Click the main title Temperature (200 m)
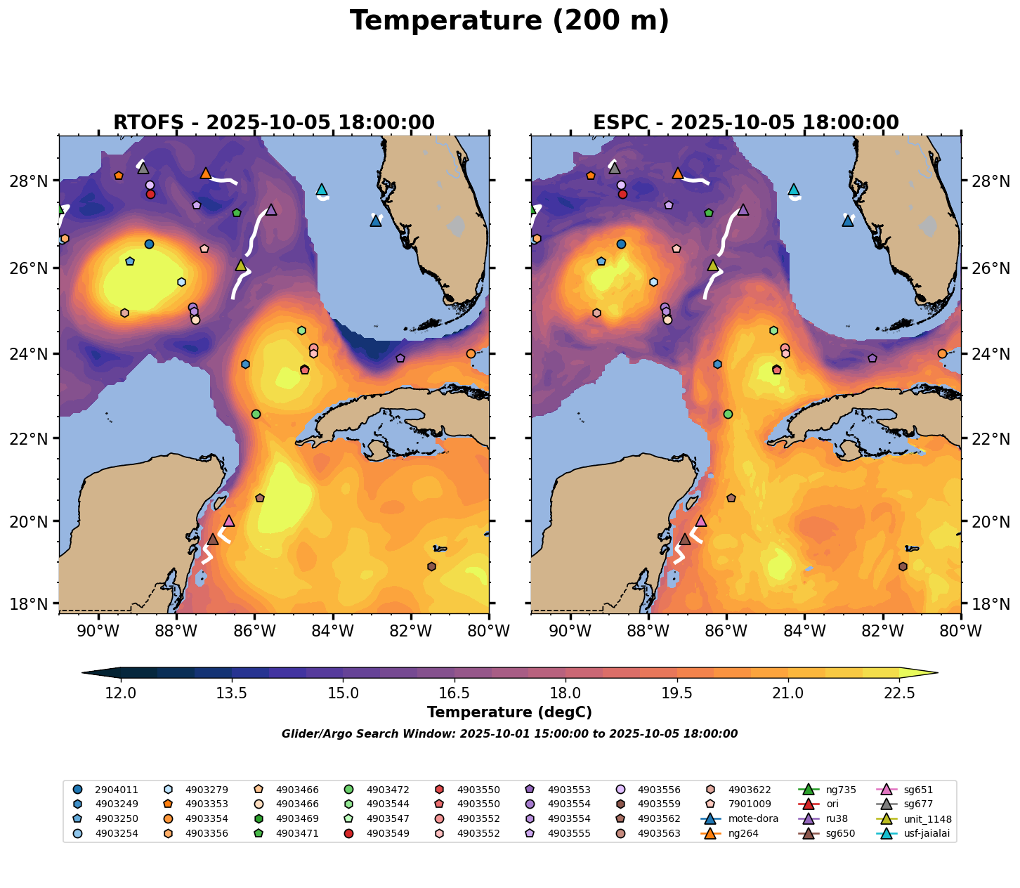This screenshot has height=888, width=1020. click(509, 21)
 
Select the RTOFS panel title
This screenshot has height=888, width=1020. click(274, 123)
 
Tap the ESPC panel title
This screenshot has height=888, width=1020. click(746, 123)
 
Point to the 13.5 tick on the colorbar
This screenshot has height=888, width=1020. click(232, 693)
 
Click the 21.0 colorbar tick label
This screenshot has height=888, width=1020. click(788, 693)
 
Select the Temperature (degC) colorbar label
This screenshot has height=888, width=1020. click(509, 712)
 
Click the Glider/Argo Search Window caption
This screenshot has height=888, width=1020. click(509, 734)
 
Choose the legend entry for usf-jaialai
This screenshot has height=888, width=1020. click(917, 834)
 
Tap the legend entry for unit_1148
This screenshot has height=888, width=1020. click(917, 819)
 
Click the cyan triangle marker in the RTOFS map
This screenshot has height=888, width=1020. click(322, 189)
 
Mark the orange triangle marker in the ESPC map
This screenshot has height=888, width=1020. click(678, 173)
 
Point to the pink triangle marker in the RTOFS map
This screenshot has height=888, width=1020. click(229, 521)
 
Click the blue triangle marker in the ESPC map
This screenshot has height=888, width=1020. click(848, 221)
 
